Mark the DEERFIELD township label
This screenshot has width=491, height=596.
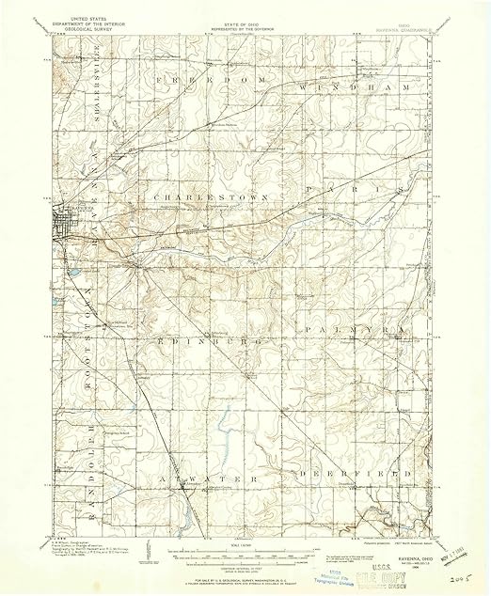coord(353,475)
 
